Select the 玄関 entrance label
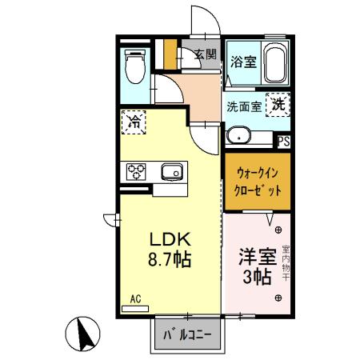tap(205, 54)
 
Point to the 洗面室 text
tap(243, 106)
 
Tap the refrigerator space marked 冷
tap(134, 123)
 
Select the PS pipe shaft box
tap(283, 141)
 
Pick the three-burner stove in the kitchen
tap(134, 170)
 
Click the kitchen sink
tap(171, 170)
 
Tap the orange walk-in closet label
tap(256, 185)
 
